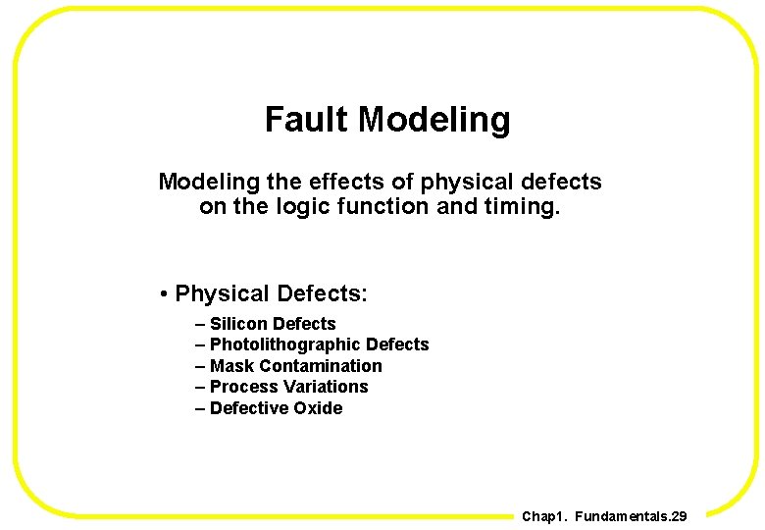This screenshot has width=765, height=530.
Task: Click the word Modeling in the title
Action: click(433, 120)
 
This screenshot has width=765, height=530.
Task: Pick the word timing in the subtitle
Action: click(526, 206)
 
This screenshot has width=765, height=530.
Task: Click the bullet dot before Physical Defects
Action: click(166, 294)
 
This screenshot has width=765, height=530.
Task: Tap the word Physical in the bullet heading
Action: click(223, 293)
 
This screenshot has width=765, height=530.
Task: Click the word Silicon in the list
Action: click(238, 324)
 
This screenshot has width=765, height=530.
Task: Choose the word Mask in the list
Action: click(231, 366)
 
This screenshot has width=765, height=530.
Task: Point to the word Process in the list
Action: click(240, 387)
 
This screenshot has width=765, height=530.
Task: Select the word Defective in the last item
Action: click(248, 408)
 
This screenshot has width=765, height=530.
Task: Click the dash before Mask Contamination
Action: click(201, 366)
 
